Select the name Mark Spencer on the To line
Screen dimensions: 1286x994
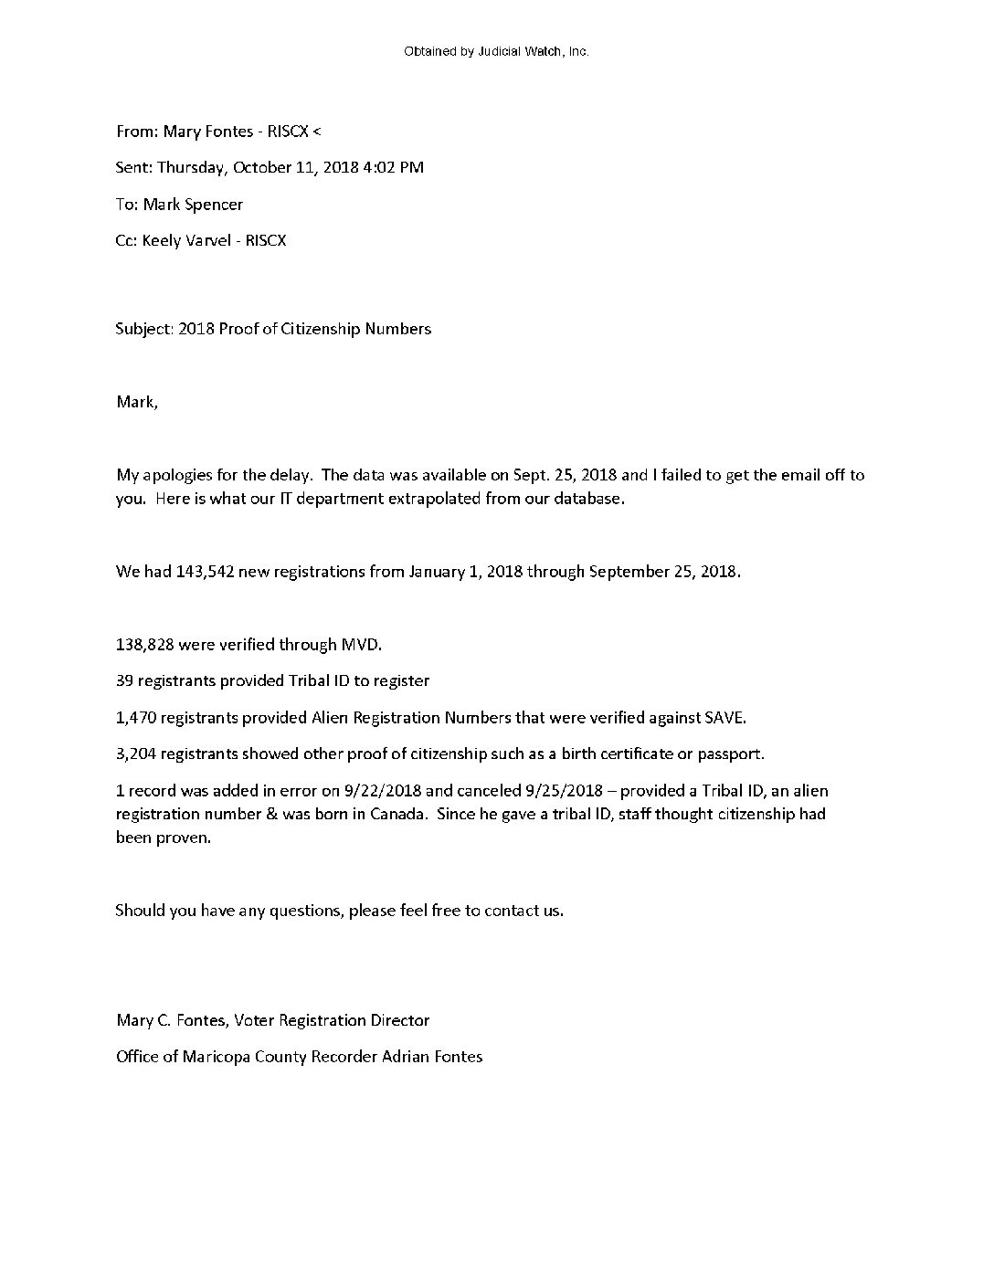coord(193,204)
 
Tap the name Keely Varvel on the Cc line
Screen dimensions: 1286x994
coord(186,240)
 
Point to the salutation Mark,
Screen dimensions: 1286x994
coord(137,402)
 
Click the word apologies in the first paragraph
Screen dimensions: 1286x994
coord(176,475)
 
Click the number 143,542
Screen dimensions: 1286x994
coord(205,572)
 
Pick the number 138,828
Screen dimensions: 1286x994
coord(144,645)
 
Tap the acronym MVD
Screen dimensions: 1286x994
coord(360,645)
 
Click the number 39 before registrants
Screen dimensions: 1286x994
coord(125,680)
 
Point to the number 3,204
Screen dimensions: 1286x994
coord(138,754)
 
